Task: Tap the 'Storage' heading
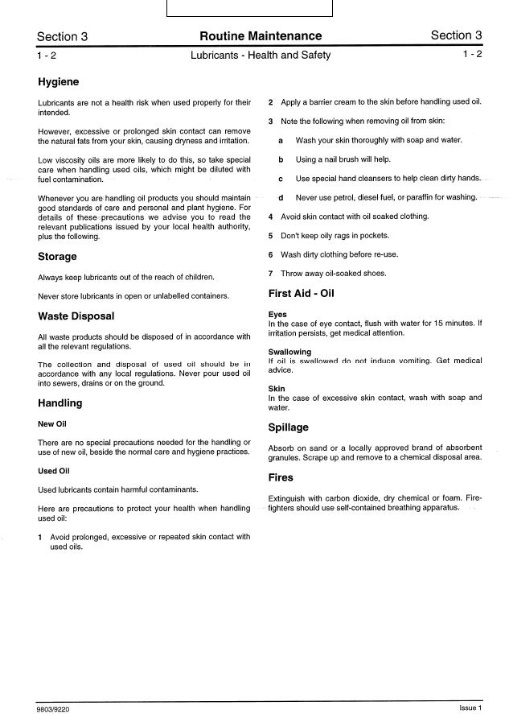57,257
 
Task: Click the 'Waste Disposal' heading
76,316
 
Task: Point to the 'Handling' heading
60,402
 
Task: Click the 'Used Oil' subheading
54,471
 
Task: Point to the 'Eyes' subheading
277,315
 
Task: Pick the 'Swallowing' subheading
289,352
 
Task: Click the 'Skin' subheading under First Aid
276,388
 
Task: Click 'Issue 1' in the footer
470,708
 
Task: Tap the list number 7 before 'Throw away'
271,273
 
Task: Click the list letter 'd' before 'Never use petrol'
281,197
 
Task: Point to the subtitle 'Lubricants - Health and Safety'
261,56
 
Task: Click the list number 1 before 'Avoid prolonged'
41,536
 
